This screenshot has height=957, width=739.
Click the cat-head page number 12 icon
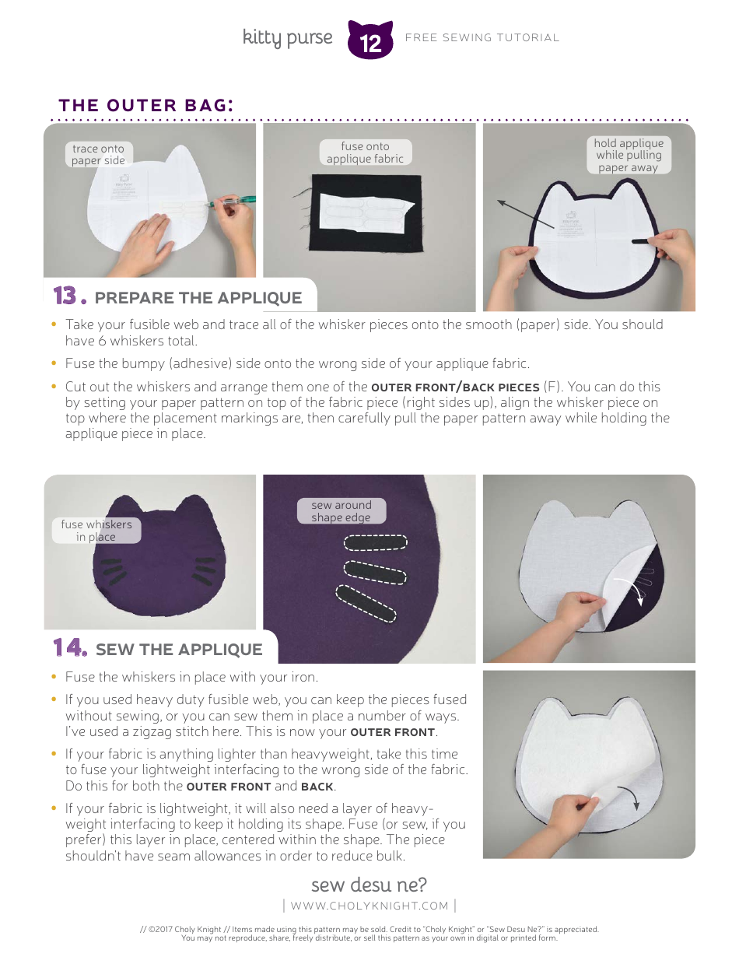[371, 41]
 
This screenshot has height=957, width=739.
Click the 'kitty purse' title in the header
[287, 37]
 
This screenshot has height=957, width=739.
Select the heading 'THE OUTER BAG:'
[146, 105]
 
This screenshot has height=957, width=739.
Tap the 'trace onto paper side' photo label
[98, 154]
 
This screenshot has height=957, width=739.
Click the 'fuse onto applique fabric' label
[365, 152]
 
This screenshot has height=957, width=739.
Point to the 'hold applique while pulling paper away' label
[628, 155]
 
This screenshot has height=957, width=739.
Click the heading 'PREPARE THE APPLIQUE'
[198, 298]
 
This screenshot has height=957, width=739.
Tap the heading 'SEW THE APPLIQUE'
[179, 650]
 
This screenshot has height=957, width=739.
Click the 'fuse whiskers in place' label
[96, 531]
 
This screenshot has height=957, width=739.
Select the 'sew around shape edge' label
[341, 511]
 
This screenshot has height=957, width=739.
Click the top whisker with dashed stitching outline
[376, 542]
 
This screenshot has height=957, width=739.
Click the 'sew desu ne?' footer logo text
[369, 885]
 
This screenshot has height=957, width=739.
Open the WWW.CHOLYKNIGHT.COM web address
[369, 906]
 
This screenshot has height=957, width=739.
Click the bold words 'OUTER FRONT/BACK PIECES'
[455, 387]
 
